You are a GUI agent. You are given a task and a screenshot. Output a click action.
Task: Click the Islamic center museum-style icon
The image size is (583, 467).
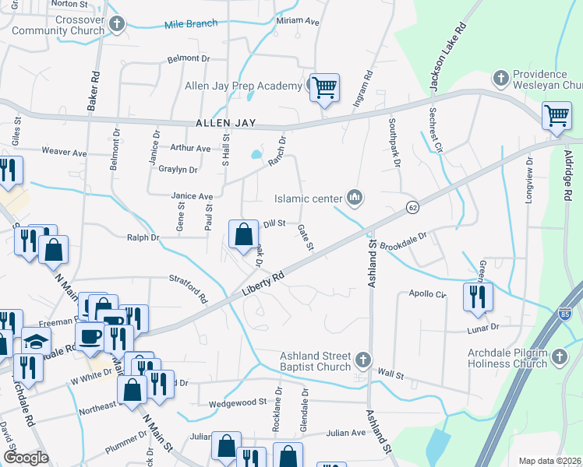[355, 198]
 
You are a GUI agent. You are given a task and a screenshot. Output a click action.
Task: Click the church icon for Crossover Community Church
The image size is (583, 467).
[117, 25]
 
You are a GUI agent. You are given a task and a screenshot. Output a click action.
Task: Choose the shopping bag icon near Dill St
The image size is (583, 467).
[243, 233]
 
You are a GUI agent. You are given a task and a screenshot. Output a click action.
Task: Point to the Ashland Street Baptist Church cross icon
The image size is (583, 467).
[362, 360]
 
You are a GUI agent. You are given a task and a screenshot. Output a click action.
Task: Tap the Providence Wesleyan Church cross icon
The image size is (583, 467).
[500, 79]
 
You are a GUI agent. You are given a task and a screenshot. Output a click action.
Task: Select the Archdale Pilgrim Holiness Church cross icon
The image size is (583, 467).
[558, 357]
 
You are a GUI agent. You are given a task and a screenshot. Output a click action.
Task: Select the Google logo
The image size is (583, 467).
[26, 457]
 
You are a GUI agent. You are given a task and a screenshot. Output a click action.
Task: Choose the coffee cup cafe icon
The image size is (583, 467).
[90, 336]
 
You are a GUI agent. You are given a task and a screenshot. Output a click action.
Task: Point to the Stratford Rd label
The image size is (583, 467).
[189, 287]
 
